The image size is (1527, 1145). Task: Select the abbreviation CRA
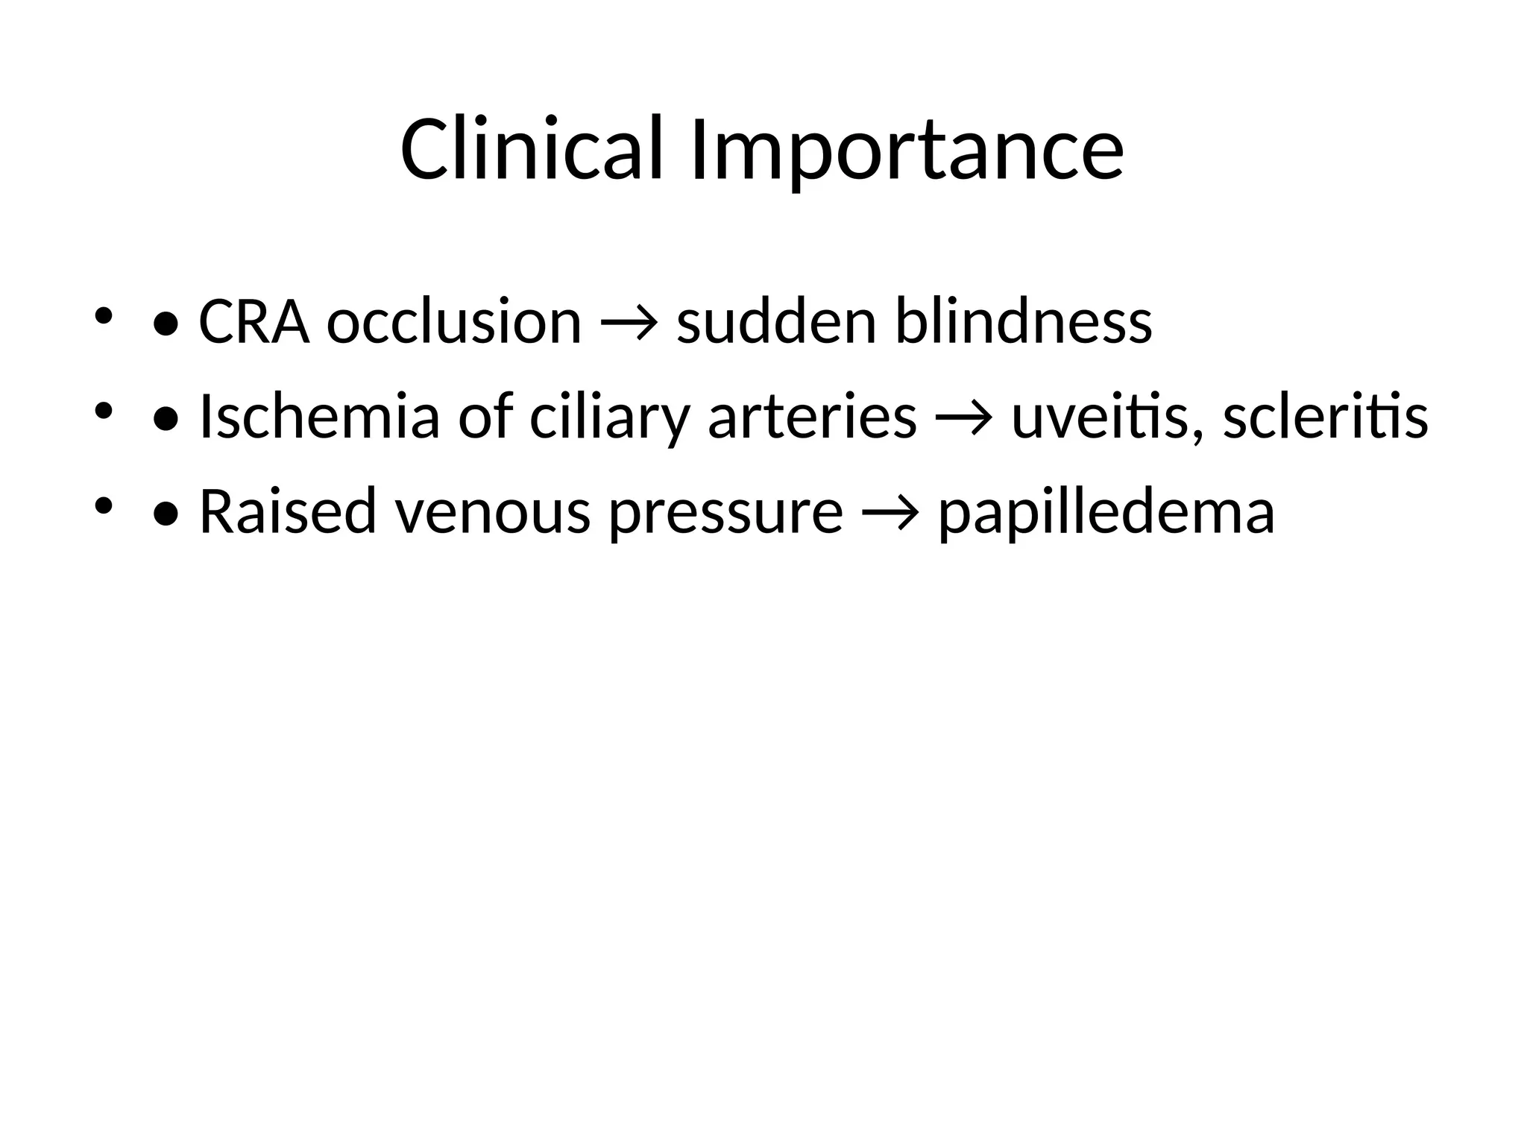pos(254,322)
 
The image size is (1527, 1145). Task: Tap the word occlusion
pos(453,322)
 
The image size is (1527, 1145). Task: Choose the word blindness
pos(1023,322)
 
